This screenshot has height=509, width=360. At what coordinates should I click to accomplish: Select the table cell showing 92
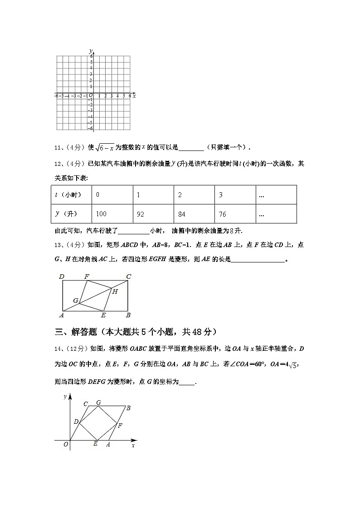(x=153, y=214)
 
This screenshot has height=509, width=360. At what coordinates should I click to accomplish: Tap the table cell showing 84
(x=194, y=214)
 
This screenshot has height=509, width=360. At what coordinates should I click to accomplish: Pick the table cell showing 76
(x=235, y=214)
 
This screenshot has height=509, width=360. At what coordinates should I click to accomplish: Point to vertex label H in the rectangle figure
(x=115, y=292)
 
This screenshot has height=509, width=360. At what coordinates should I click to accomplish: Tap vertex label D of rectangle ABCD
(x=61, y=276)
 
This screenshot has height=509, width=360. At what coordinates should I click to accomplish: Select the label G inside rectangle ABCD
(x=76, y=301)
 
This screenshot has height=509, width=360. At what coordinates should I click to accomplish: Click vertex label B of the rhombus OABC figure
(x=128, y=408)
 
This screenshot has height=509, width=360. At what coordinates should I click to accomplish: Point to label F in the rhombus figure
(x=120, y=426)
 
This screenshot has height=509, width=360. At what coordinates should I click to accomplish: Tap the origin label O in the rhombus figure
(x=66, y=445)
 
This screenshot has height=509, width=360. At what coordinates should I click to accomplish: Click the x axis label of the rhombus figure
(x=133, y=446)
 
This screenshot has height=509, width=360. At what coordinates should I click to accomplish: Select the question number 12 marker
(x=58, y=164)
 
